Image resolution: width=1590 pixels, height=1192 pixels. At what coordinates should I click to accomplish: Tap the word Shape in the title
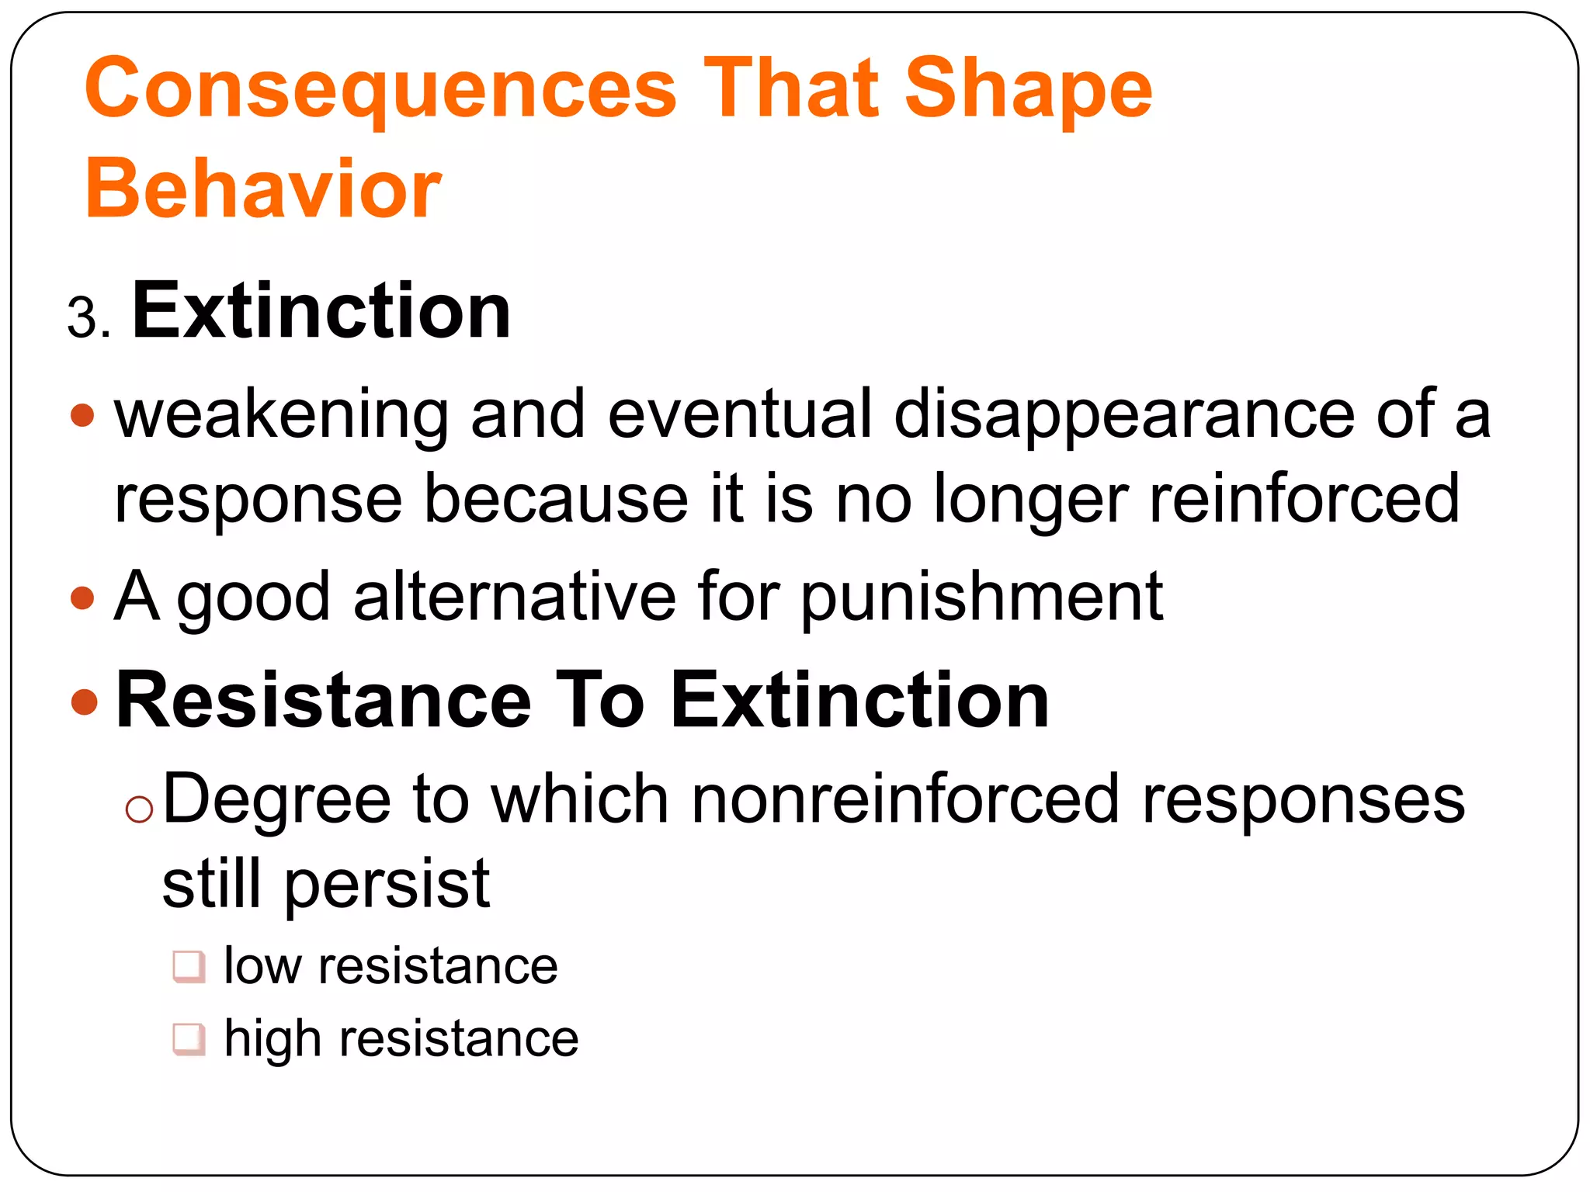tap(1028, 89)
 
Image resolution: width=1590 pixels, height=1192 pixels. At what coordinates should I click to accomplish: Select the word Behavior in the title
tap(263, 189)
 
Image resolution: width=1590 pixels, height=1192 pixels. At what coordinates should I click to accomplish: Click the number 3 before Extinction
tap(83, 319)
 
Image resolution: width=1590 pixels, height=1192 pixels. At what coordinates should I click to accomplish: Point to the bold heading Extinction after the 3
tap(321, 311)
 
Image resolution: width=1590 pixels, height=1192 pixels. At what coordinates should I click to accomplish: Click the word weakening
tap(281, 414)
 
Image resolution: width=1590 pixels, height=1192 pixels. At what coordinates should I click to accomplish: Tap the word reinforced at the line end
tap(1304, 498)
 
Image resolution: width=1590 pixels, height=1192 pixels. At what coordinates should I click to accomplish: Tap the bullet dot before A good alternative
tap(82, 598)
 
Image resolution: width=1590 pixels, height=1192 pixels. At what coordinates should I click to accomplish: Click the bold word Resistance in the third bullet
tap(323, 700)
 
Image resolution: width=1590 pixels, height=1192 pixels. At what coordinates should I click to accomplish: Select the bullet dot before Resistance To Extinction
tap(83, 702)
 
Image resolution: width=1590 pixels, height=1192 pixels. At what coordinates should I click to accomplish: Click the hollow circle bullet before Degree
tap(139, 809)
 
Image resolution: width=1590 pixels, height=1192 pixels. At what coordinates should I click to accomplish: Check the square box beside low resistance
tap(189, 967)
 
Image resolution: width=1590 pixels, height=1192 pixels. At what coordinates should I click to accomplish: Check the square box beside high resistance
tap(189, 1039)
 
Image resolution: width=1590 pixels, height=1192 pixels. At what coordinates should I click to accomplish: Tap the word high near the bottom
tap(272, 1039)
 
